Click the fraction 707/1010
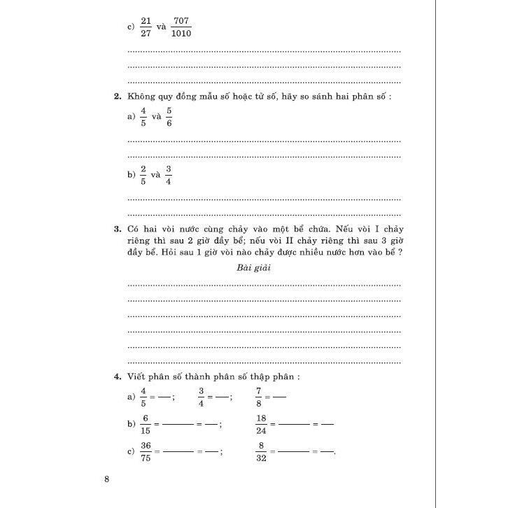tap(182, 27)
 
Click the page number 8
tap(107, 479)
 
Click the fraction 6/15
tap(145, 425)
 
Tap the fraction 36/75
tap(146, 451)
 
